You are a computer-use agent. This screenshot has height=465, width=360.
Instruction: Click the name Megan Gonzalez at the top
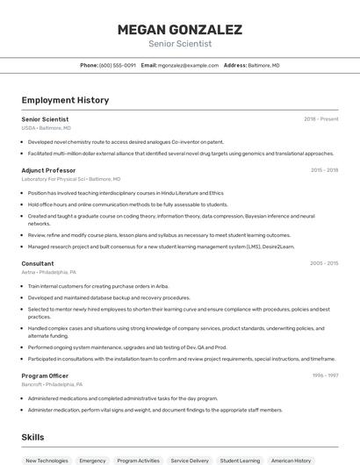coord(179,30)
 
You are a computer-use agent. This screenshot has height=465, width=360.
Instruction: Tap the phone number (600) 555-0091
coord(118,65)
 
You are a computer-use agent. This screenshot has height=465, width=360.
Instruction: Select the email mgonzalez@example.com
coord(188,65)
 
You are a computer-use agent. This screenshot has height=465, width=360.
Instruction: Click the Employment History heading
coord(65,101)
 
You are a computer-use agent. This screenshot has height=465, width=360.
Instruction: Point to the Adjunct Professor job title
coord(48,170)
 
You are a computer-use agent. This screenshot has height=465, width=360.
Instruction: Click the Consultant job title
coord(38,263)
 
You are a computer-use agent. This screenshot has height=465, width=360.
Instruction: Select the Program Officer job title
coord(46,376)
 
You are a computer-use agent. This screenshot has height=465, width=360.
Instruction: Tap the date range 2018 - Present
coord(320,118)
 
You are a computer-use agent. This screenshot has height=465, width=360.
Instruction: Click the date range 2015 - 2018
coord(324,170)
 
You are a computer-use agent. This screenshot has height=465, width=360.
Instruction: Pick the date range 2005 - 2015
coord(324,263)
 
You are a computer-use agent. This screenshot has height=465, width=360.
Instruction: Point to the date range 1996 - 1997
coord(325,376)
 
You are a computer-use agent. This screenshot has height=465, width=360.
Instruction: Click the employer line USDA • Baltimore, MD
coord(47,127)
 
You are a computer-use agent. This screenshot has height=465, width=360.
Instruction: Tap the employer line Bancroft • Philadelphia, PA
coord(53,384)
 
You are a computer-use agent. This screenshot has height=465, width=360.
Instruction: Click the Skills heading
coord(33,437)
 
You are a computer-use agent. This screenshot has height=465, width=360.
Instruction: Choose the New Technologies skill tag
coord(47,460)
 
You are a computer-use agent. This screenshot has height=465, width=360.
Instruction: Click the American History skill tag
coord(291,460)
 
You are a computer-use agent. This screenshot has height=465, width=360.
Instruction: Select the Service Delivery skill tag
coord(190,460)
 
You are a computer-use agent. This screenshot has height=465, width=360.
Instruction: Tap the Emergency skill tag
coord(92,460)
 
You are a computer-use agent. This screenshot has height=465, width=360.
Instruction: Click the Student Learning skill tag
coord(240,460)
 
